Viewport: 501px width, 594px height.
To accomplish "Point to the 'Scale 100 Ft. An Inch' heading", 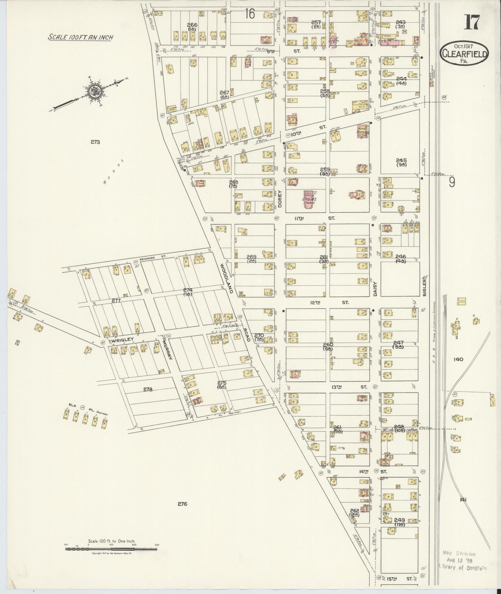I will click(80, 37).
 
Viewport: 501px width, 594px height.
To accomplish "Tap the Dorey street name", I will click(280, 199).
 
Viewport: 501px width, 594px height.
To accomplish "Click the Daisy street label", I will click(375, 289).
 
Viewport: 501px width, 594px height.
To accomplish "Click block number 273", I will click(95, 142).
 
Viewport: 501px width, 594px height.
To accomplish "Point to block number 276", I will click(182, 504).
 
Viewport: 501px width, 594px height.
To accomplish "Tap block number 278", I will click(148, 389).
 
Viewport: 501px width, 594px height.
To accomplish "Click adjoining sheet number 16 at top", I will click(250, 14).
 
